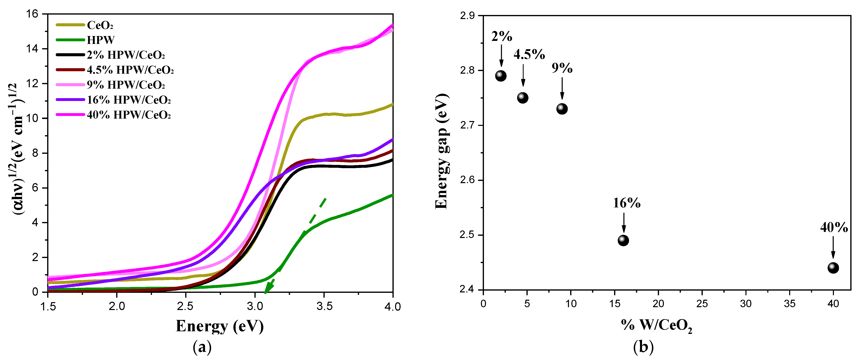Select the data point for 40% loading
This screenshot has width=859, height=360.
coord(833,268)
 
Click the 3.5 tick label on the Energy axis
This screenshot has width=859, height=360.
coord(324,306)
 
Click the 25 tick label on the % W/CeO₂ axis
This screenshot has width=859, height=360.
coord(702,304)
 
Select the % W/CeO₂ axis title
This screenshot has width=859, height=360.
coord(656,325)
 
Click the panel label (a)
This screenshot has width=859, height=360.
coord(202,347)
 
